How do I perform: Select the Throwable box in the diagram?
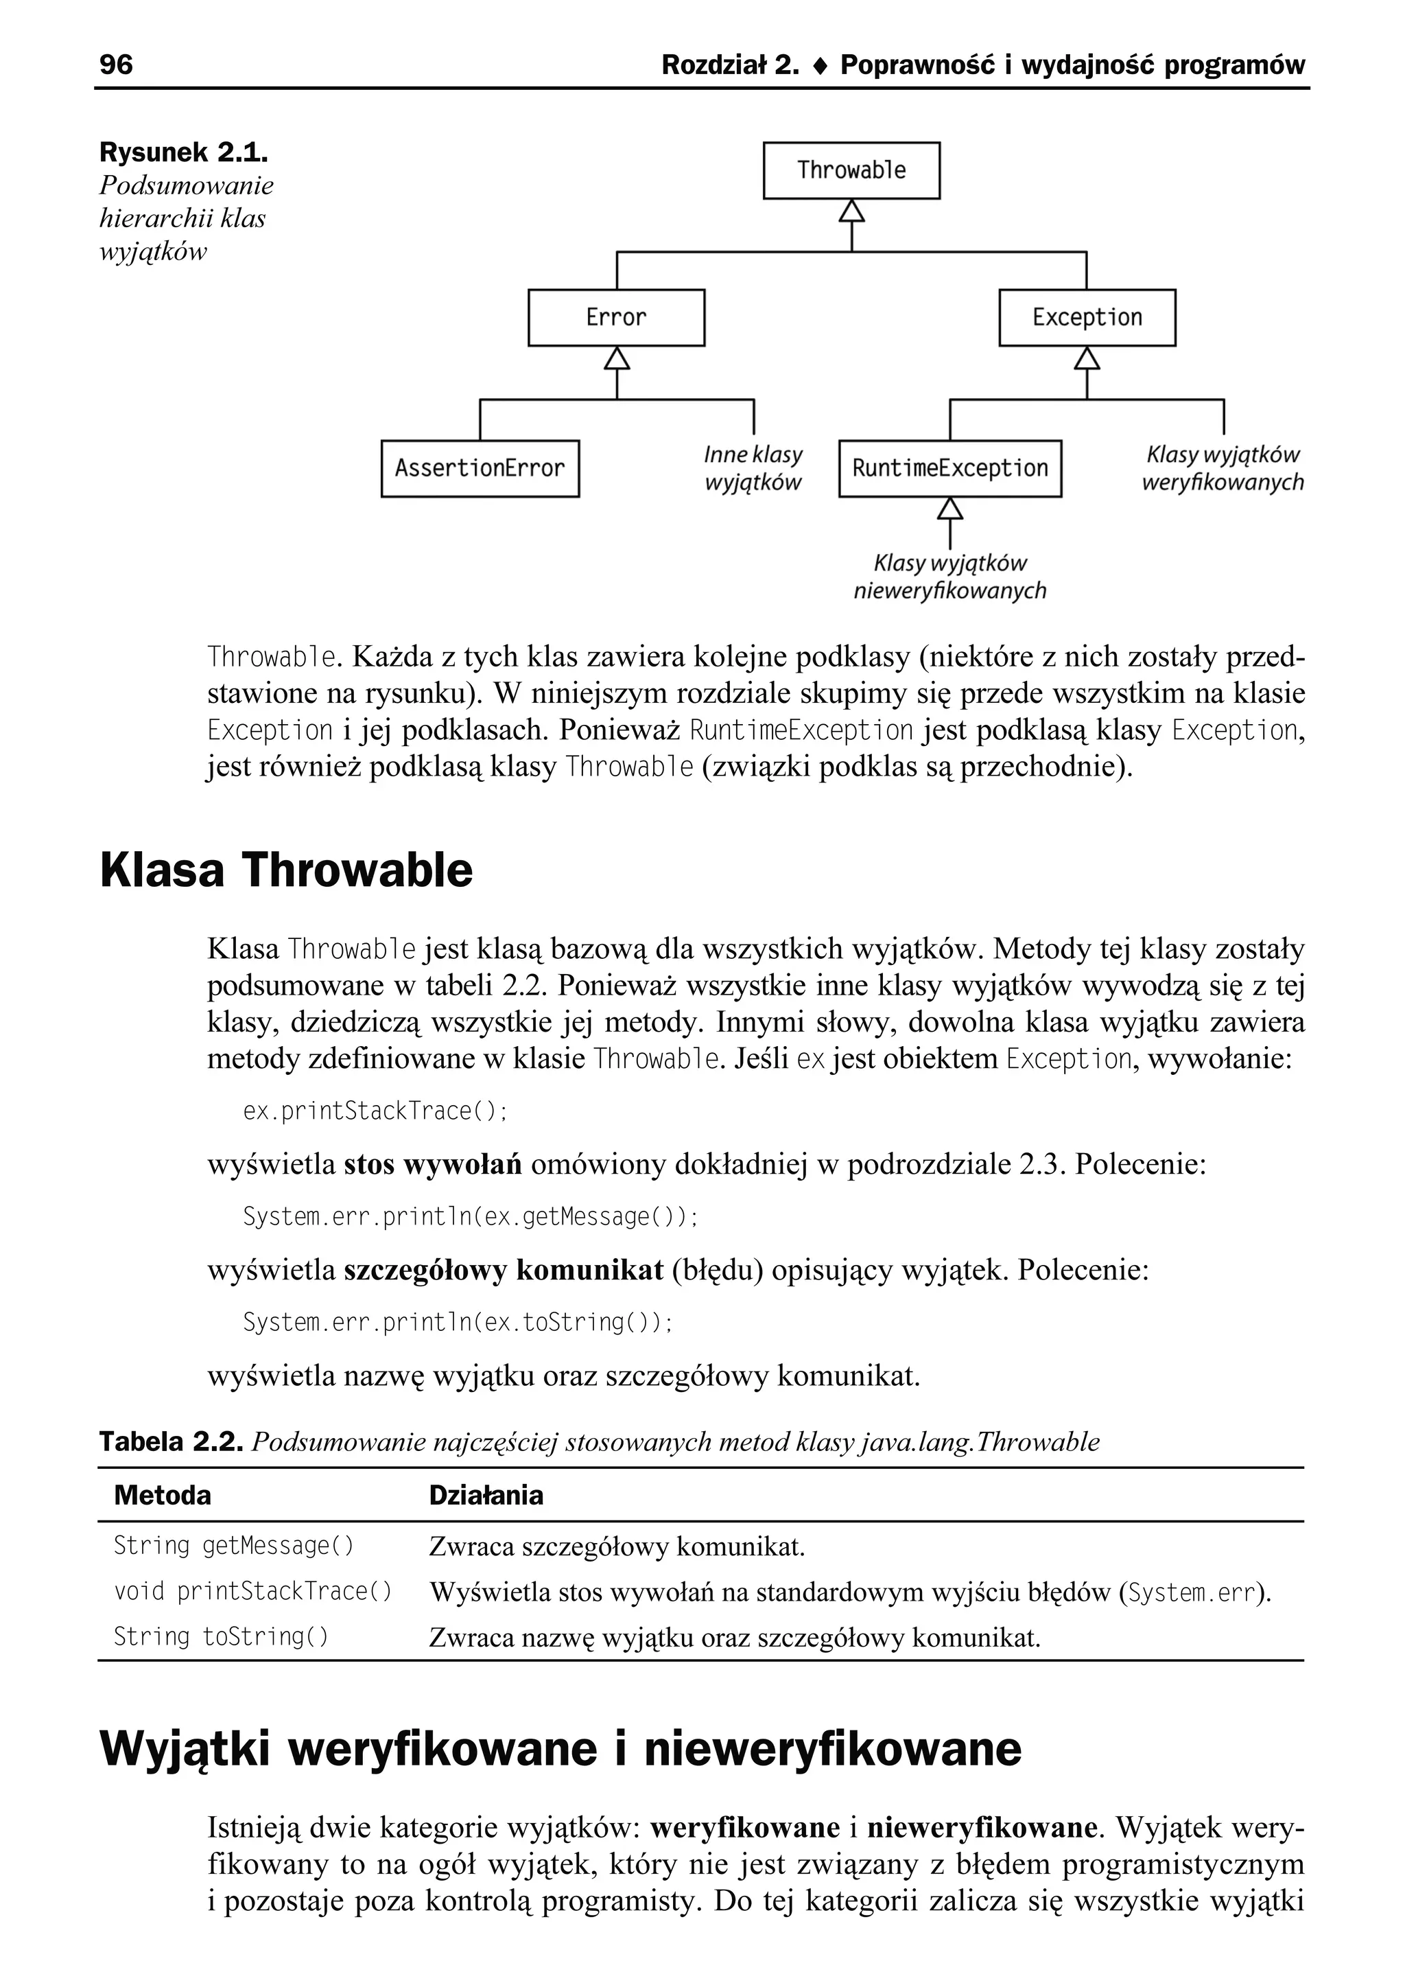(x=851, y=170)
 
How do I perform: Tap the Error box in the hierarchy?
(x=616, y=318)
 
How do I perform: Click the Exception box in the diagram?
(x=1087, y=318)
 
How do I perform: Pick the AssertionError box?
(x=480, y=468)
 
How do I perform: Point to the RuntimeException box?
(x=950, y=468)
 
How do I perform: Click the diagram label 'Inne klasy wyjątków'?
(x=753, y=468)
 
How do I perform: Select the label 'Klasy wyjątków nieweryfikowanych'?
(x=950, y=577)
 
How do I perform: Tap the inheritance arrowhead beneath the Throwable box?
(x=851, y=210)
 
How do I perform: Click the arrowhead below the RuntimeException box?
(x=950, y=508)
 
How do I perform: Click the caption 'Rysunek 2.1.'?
(x=183, y=152)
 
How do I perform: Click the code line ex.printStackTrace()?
(x=375, y=1111)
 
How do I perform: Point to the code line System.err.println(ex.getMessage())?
(x=470, y=1216)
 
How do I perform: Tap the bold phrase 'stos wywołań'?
(x=433, y=1164)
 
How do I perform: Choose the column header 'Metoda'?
(x=163, y=1495)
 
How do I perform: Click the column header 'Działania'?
(x=486, y=1495)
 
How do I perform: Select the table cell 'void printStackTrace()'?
(x=252, y=1591)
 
